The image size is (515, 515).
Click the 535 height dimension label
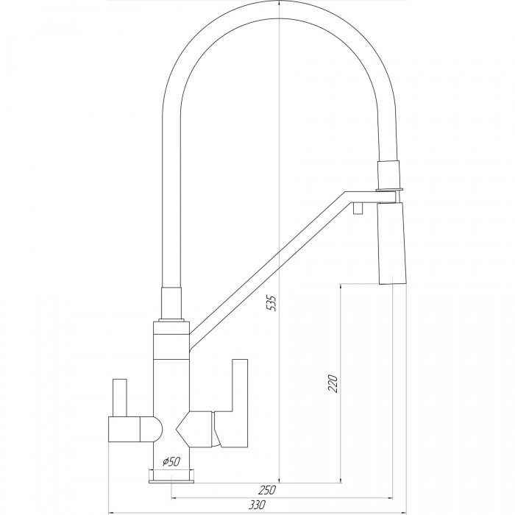(272, 303)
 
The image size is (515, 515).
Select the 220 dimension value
(333, 383)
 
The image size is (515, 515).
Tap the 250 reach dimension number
(266, 490)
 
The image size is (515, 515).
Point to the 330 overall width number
(257, 505)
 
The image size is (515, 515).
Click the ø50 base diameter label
(171, 462)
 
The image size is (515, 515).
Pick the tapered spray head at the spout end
(392, 244)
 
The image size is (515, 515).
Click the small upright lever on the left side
(119, 397)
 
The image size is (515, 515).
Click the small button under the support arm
(358, 208)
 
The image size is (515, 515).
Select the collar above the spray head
(389, 175)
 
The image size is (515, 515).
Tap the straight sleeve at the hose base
(171, 303)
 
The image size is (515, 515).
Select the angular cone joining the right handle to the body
(195, 429)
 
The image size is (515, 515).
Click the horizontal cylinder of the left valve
(124, 429)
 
